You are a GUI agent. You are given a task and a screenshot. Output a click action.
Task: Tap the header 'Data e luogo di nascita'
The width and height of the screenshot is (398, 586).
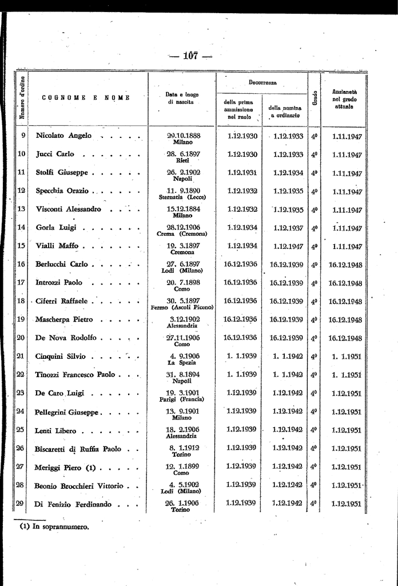point(182,98)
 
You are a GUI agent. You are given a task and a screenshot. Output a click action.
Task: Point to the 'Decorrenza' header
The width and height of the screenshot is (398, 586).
point(262,82)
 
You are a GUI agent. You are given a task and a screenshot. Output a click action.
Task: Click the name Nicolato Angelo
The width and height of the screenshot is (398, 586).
point(63,136)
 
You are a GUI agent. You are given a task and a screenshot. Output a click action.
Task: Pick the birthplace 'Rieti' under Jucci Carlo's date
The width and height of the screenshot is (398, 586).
point(182,160)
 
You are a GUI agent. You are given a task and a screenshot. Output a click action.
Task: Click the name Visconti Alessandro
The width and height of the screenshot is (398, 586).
point(68,209)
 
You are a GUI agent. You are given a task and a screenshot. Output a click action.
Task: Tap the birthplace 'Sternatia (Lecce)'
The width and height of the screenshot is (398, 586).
point(182,197)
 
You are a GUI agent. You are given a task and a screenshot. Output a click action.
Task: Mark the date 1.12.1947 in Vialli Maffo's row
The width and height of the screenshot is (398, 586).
point(288,246)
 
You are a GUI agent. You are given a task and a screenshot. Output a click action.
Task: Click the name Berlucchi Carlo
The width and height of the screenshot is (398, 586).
point(62,264)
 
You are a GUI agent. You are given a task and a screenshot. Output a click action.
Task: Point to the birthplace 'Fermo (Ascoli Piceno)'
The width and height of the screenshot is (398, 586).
point(182,307)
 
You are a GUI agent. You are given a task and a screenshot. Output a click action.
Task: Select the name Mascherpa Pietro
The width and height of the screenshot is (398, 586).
point(64,319)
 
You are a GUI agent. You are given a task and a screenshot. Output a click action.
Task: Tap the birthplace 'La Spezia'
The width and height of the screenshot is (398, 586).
point(182,362)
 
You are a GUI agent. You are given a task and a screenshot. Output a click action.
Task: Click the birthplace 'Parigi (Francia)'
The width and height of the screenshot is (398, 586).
point(182,399)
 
